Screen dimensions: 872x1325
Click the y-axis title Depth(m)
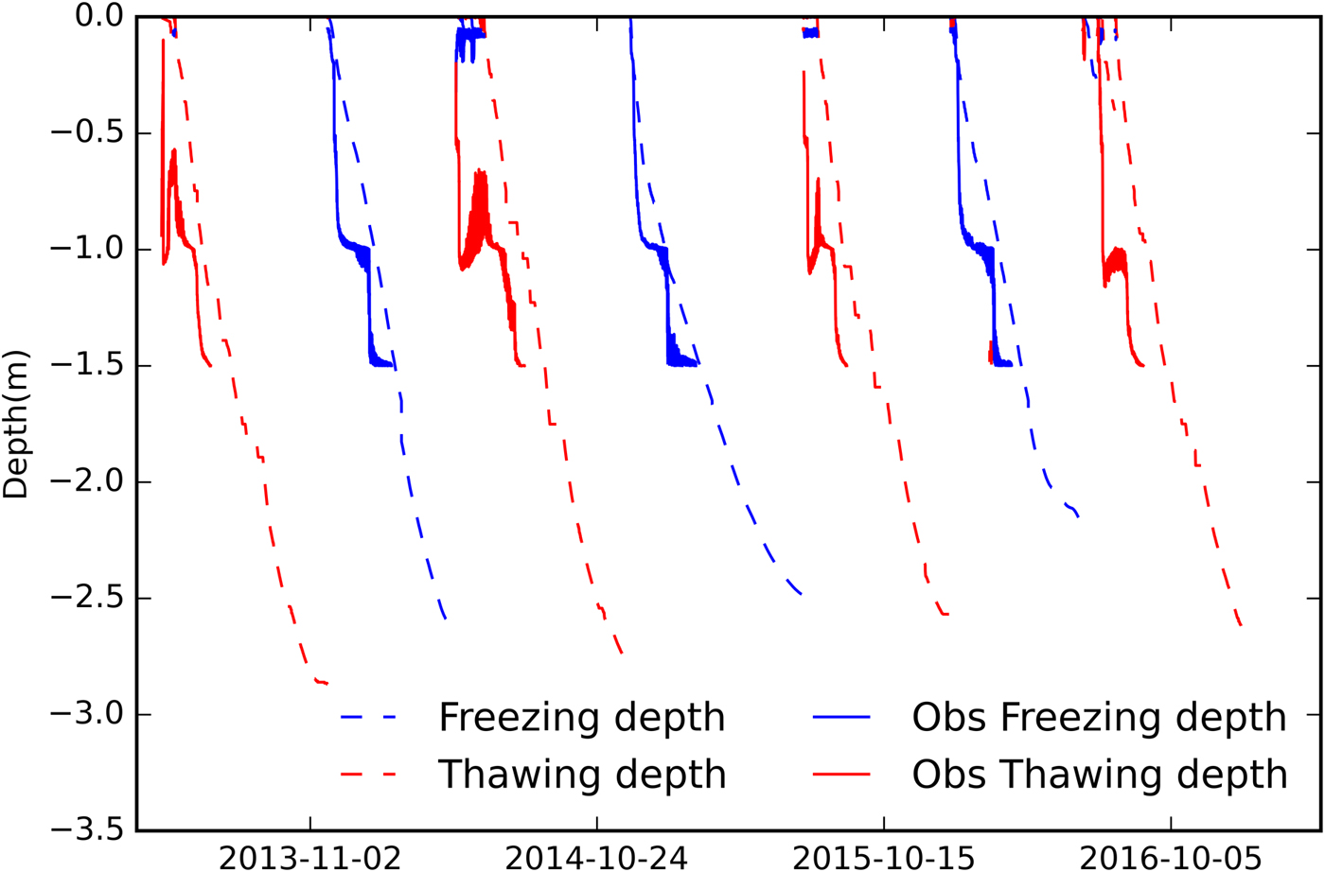coord(17,425)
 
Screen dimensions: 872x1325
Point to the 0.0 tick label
coord(99,16)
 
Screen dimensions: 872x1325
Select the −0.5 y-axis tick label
coord(85,132)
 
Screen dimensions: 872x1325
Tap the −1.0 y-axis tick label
coord(85,249)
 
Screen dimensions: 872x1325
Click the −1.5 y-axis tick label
coord(85,365)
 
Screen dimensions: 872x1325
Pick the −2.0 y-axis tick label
coord(85,481)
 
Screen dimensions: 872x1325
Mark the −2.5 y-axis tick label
coord(85,598)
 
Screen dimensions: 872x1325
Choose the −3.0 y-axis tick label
coord(85,714)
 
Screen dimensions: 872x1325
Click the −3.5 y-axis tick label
coord(85,830)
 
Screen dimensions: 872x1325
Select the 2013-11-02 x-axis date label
coord(309,858)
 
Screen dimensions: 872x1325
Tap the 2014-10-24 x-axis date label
coord(597,858)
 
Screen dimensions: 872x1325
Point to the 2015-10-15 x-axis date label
coord(884,858)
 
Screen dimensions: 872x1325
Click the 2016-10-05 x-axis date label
coord(1171,858)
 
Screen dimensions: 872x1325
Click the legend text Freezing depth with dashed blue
coord(581,718)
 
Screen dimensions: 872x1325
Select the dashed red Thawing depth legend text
coord(581,775)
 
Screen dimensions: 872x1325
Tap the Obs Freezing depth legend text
coord(1099,718)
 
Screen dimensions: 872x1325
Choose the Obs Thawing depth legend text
coord(1099,775)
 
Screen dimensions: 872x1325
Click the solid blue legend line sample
coord(841,718)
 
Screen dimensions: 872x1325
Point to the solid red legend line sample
coord(841,775)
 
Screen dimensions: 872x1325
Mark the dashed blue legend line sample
coord(368,718)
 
